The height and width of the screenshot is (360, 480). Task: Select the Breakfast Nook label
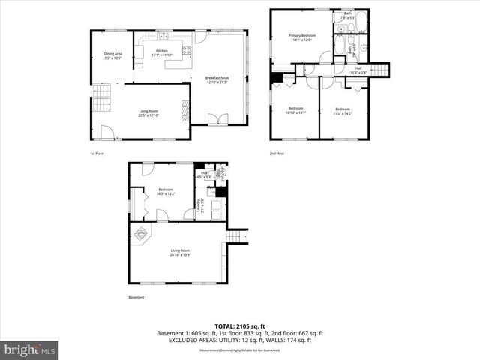pos(217,79)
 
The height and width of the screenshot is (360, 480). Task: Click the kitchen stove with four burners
pos(186,51)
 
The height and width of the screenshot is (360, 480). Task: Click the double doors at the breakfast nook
pos(217,118)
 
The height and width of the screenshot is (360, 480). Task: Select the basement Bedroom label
pos(166,191)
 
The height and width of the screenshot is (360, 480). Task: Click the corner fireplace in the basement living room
pos(139,235)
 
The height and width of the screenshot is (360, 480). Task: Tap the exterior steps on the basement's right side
pos(238,236)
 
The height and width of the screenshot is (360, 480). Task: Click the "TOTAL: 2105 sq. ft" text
pos(239,326)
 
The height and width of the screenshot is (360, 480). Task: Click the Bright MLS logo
pos(30,349)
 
